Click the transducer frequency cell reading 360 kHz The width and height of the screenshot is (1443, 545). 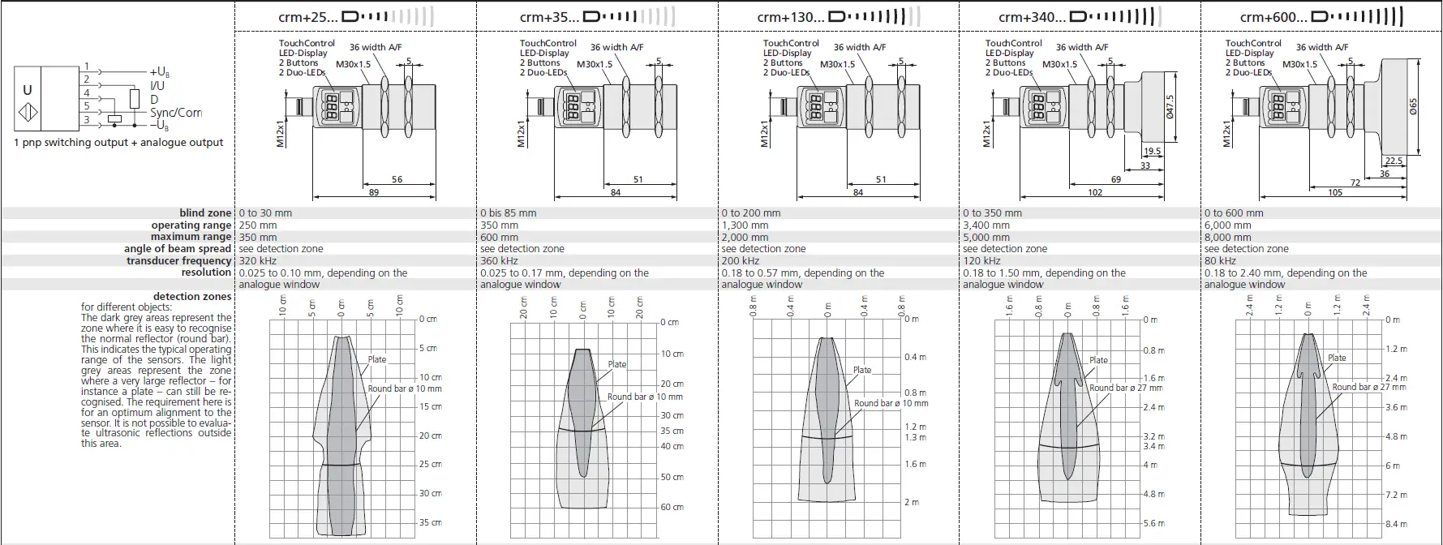pos(499,261)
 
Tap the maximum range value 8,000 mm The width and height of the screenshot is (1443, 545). pos(1228,238)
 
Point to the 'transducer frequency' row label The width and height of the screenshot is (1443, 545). pos(178,261)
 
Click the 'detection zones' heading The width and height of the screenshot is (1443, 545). pos(191,297)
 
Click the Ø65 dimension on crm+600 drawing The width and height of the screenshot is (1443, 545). pos(1412,106)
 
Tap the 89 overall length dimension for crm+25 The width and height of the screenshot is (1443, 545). pos(373,192)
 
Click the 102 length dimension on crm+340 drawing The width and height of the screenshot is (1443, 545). pos(1095,192)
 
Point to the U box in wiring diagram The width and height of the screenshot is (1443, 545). pos(28,91)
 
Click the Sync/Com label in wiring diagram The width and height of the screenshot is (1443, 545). pos(176,113)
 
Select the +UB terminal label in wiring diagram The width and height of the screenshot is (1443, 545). pos(160,72)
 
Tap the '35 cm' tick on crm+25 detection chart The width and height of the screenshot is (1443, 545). pos(430,522)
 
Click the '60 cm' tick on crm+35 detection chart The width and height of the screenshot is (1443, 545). pos(672,507)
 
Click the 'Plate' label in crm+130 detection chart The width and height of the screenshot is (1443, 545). pos(861,370)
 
